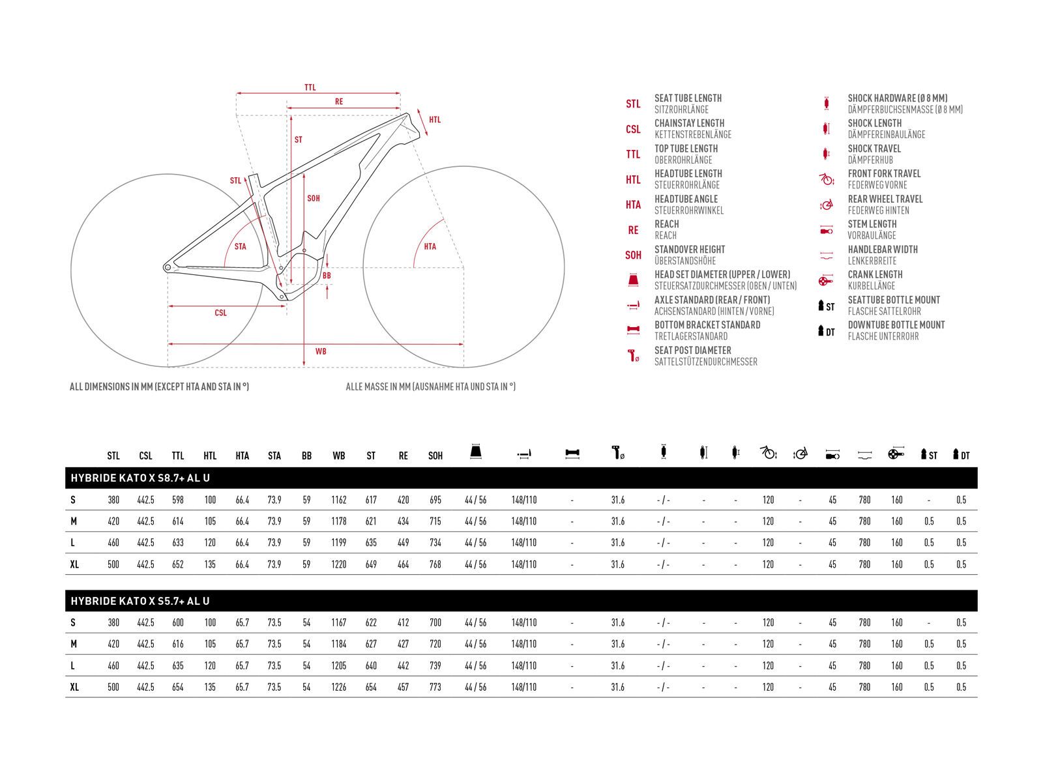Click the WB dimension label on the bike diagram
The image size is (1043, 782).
(321, 351)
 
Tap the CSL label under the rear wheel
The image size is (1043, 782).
(220, 313)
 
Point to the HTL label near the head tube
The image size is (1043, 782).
(435, 120)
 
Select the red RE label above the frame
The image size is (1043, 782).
(339, 102)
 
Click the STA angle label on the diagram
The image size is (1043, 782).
(240, 246)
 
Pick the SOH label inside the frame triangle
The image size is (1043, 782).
(314, 198)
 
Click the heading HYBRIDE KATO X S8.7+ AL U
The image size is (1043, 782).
(140, 478)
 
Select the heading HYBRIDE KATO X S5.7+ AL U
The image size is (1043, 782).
(140, 601)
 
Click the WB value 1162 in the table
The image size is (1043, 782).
(339, 500)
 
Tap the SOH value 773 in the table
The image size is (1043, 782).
(435, 687)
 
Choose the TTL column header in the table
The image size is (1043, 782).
(178, 456)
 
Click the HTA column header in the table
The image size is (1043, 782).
(242, 456)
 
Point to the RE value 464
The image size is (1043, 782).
(404, 564)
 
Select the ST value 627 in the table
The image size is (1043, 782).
(371, 644)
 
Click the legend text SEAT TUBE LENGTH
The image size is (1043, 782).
(688, 98)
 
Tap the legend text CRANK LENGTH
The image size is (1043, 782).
(875, 274)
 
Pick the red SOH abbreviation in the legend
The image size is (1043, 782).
(633, 255)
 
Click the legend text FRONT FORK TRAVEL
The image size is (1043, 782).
(884, 173)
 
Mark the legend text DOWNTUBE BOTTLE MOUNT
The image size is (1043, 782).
(896, 325)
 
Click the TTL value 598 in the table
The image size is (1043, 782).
(178, 500)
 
